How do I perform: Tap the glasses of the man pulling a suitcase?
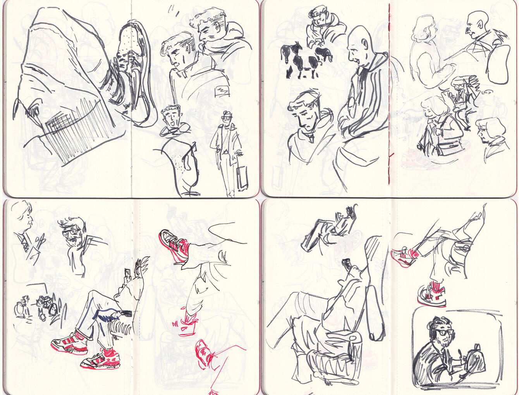pyautogui.click(x=226, y=116)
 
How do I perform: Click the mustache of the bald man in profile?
pyautogui.click(x=470, y=31)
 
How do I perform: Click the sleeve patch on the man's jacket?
pyautogui.click(x=222, y=90)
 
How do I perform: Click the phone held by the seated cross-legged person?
pyautogui.click(x=127, y=274)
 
